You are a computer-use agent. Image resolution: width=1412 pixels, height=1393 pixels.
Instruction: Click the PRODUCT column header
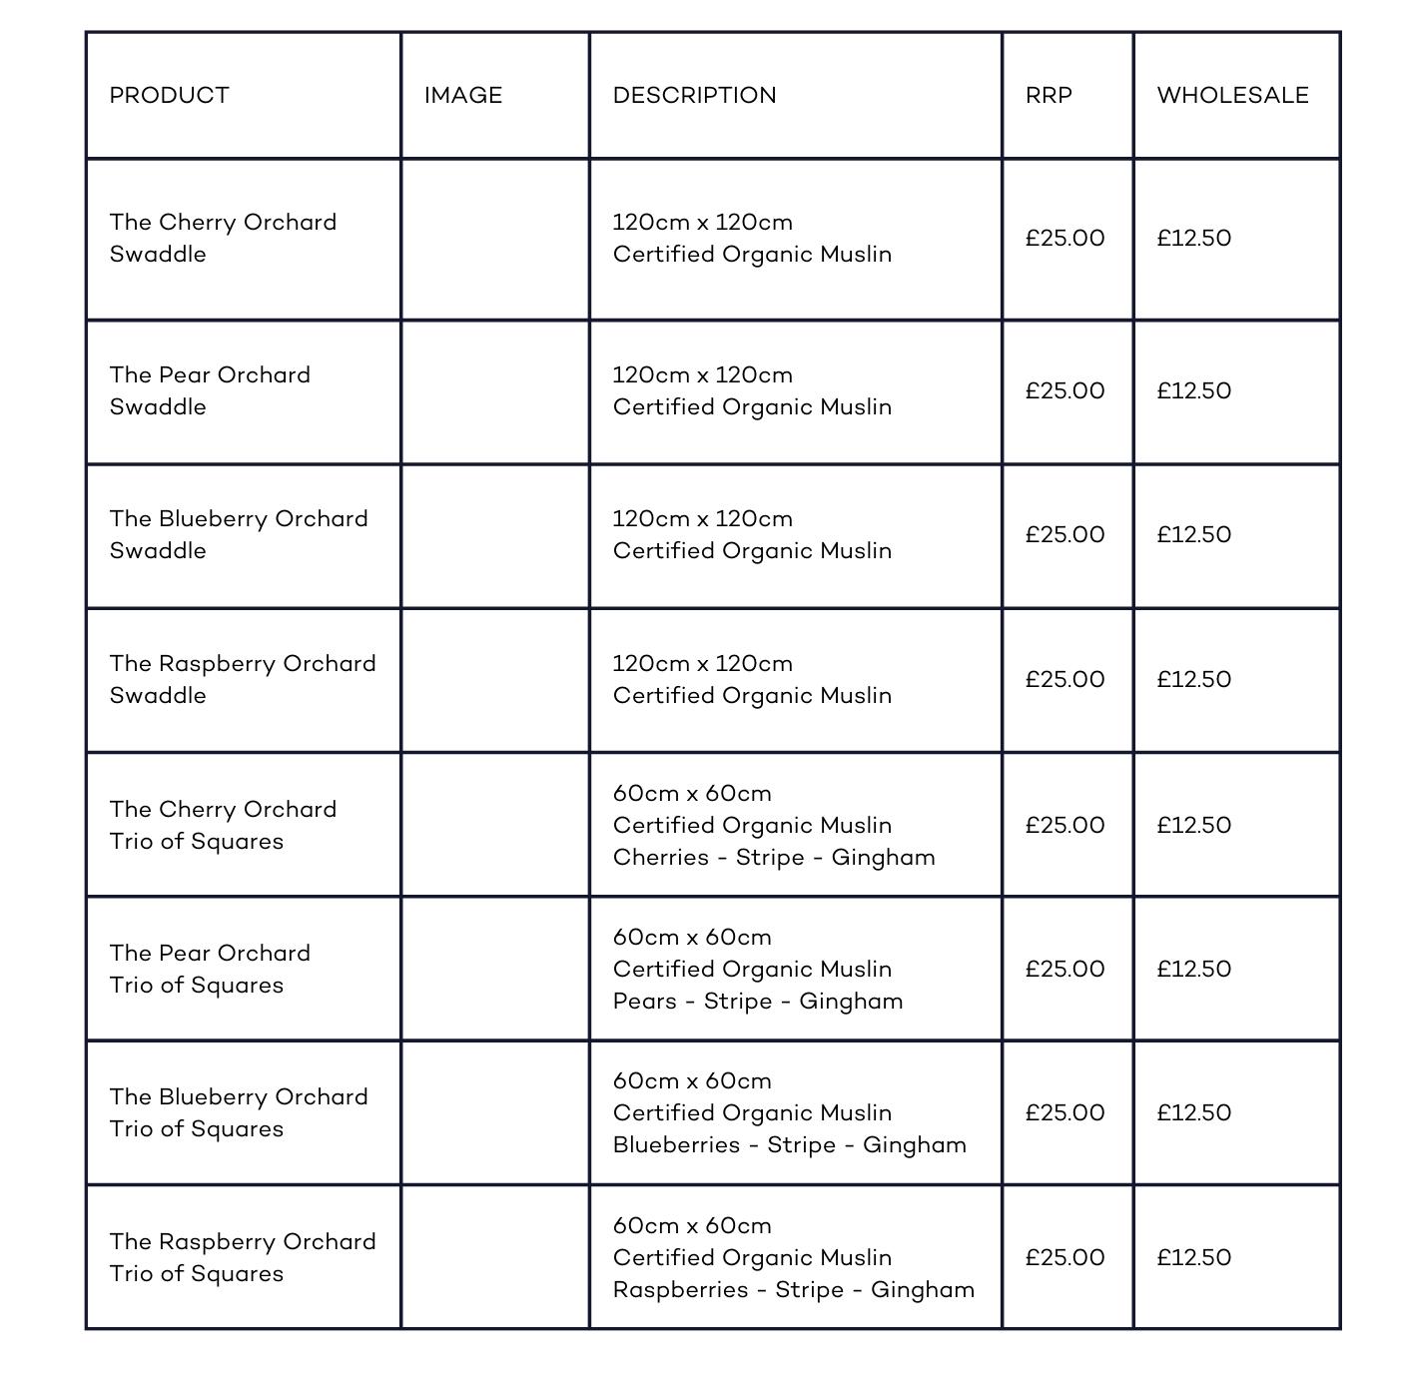click(x=169, y=95)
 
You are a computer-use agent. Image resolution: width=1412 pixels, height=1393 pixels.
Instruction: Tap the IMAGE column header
click(x=462, y=95)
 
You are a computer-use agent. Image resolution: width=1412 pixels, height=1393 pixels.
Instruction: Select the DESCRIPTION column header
click(x=694, y=95)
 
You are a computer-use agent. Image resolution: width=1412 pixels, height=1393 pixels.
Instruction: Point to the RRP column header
click(x=1049, y=95)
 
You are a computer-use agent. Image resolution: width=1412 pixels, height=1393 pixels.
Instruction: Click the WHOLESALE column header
click(x=1232, y=95)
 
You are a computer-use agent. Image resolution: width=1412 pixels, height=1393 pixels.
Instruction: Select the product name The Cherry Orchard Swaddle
click(x=223, y=238)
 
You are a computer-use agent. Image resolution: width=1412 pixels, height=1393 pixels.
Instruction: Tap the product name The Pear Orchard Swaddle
click(x=210, y=390)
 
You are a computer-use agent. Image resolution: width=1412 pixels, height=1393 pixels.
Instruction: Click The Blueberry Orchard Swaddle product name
click(x=239, y=534)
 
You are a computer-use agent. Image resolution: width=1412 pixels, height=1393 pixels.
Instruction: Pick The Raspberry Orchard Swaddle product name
click(x=243, y=679)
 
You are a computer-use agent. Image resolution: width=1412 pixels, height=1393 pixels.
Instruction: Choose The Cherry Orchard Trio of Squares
click(x=223, y=825)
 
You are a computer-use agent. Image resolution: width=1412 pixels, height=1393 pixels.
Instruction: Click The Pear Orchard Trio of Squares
click(x=210, y=969)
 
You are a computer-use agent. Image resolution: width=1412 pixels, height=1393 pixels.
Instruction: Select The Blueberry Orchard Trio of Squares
click(x=239, y=1112)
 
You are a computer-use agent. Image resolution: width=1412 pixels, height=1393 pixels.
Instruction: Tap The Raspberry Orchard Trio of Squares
click(x=243, y=1257)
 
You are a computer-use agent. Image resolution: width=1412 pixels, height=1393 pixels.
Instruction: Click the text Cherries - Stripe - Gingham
click(x=774, y=858)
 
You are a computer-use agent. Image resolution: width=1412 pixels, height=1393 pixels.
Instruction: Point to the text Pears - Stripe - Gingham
click(x=758, y=1002)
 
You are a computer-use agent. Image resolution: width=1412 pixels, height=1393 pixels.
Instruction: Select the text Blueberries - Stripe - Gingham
click(x=790, y=1145)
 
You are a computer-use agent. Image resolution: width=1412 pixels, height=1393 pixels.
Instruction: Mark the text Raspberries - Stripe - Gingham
click(x=794, y=1290)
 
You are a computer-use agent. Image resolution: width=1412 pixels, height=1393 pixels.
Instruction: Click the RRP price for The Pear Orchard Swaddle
click(x=1064, y=390)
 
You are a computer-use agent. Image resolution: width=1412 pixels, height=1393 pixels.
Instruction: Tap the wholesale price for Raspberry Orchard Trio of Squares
click(x=1193, y=1257)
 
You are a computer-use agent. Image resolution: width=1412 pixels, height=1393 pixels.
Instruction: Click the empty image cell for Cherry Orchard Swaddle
click(x=494, y=239)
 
